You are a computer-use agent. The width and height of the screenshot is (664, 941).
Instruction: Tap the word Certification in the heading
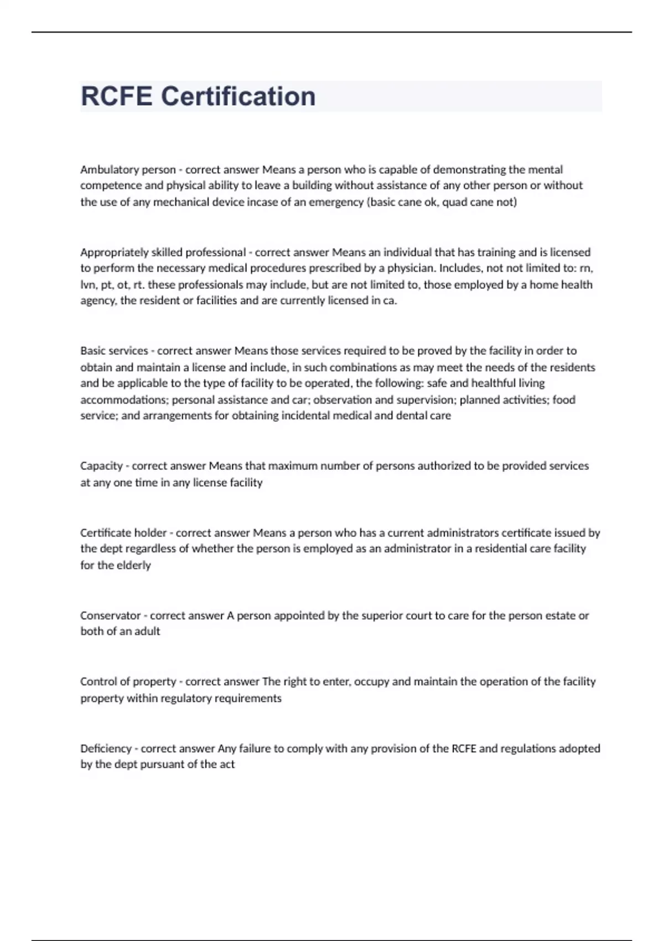tap(238, 96)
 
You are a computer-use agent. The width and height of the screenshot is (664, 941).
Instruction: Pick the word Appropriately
tap(114, 252)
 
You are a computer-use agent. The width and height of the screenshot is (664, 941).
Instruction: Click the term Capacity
tap(101, 466)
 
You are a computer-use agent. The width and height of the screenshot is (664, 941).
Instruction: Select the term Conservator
tap(110, 616)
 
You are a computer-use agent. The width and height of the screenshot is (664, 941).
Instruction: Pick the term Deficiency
tap(106, 749)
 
